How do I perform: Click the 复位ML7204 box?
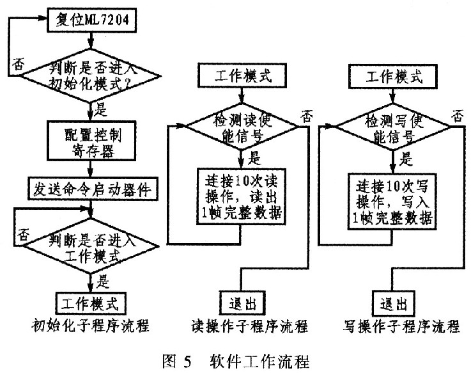pyautogui.click(x=92, y=20)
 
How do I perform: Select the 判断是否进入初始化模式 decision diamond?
pyautogui.click(x=90, y=75)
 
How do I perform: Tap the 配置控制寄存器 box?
pyautogui.click(x=91, y=141)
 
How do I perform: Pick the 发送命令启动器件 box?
pyautogui.click(x=93, y=189)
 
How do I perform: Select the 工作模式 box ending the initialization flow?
pyautogui.click(x=90, y=303)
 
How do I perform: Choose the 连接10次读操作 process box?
pyautogui.click(x=241, y=196)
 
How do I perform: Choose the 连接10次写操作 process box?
pyautogui.click(x=392, y=202)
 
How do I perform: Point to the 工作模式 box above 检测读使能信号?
pyautogui.click(x=242, y=75)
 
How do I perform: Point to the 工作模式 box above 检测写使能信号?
pyautogui.click(x=393, y=76)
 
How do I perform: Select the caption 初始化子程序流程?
pyautogui.click(x=90, y=326)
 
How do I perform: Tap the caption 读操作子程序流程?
pyautogui.click(x=250, y=326)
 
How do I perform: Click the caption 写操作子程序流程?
pyautogui.click(x=401, y=326)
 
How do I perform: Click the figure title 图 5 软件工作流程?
pyautogui.click(x=236, y=361)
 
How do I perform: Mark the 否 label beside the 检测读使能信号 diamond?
pyautogui.click(x=307, y=116)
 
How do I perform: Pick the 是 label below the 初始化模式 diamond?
pyautogui.click(x=101, y=109)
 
